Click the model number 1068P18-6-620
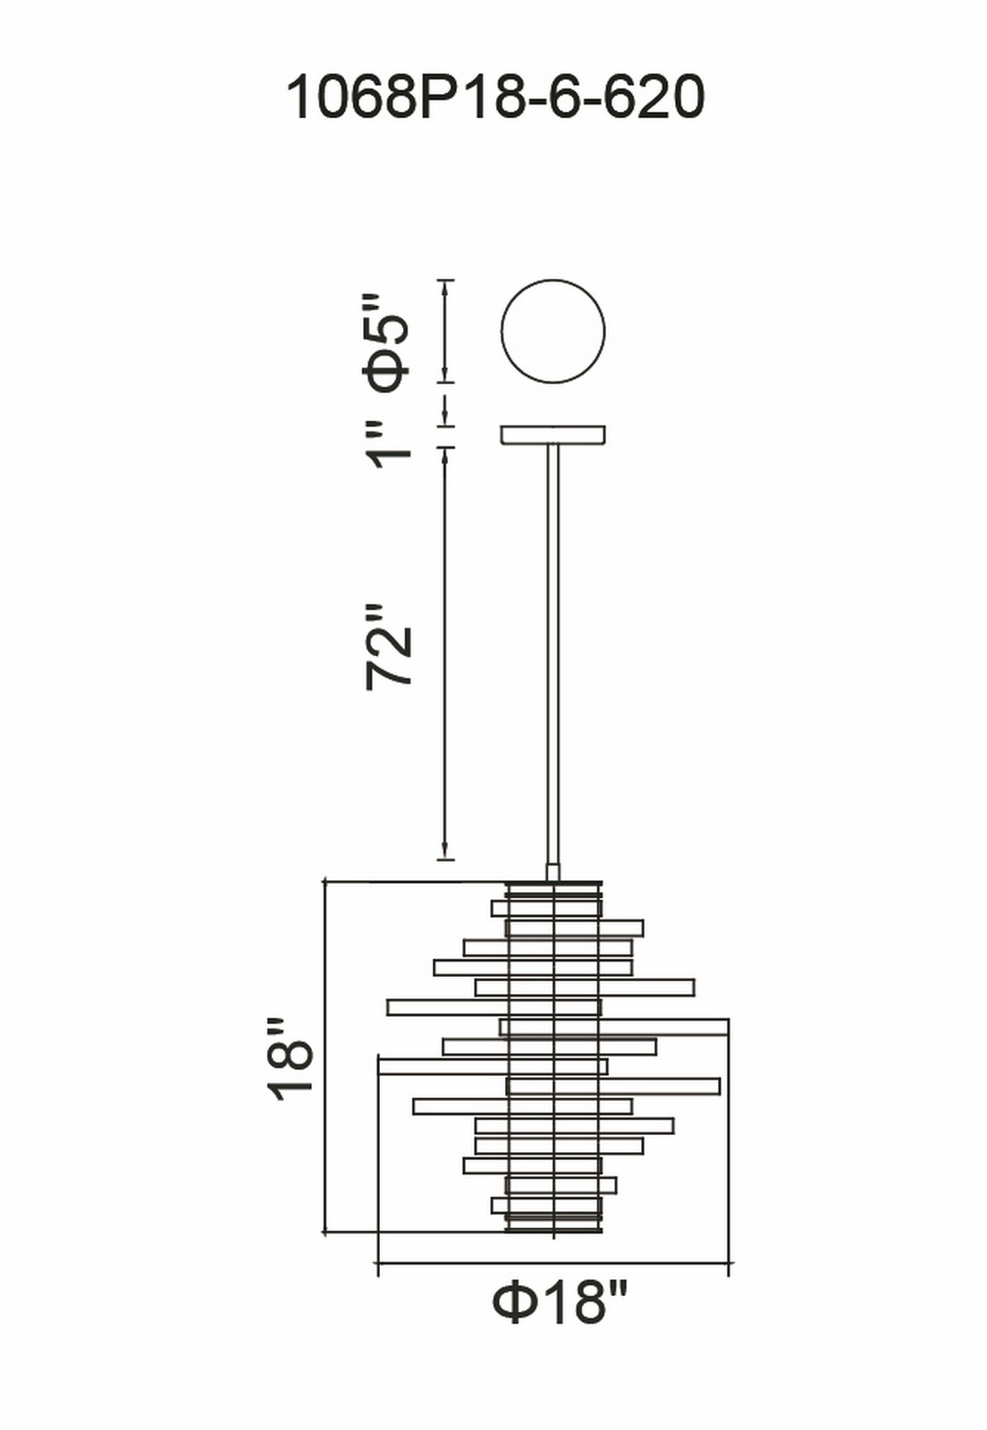(495, 97)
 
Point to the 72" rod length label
(387, 647)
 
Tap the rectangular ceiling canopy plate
(553, 434)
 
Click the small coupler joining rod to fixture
(553, 872)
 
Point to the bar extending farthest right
(613, 1027)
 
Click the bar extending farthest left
(493, 1067)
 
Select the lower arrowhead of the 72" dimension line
(445, 850)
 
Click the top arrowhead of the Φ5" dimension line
(445, 290)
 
